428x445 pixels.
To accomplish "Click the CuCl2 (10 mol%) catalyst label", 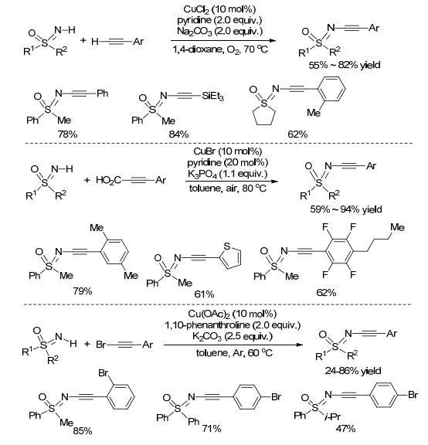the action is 219,9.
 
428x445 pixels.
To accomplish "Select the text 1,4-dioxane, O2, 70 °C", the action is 220,49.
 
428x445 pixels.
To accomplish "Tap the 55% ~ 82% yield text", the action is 345,65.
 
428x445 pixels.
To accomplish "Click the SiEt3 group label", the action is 212,97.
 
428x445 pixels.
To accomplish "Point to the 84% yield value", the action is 178,134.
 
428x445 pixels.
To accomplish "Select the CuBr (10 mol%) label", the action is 228,151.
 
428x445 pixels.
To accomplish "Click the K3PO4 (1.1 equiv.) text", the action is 227,174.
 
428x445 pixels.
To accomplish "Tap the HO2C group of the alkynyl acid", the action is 108,180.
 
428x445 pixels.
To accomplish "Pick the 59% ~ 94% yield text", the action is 345,209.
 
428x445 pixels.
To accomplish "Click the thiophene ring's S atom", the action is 227,246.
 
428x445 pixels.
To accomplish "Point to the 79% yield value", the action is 83,290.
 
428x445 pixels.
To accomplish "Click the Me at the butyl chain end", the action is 397,227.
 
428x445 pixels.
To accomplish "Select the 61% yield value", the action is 204,294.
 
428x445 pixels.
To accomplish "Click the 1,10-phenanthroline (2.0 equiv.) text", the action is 233,325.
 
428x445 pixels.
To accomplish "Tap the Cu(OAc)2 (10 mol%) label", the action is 233,314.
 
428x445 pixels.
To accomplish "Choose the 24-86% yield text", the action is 353,371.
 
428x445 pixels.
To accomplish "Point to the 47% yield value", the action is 345,428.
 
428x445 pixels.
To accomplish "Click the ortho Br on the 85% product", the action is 104,372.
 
